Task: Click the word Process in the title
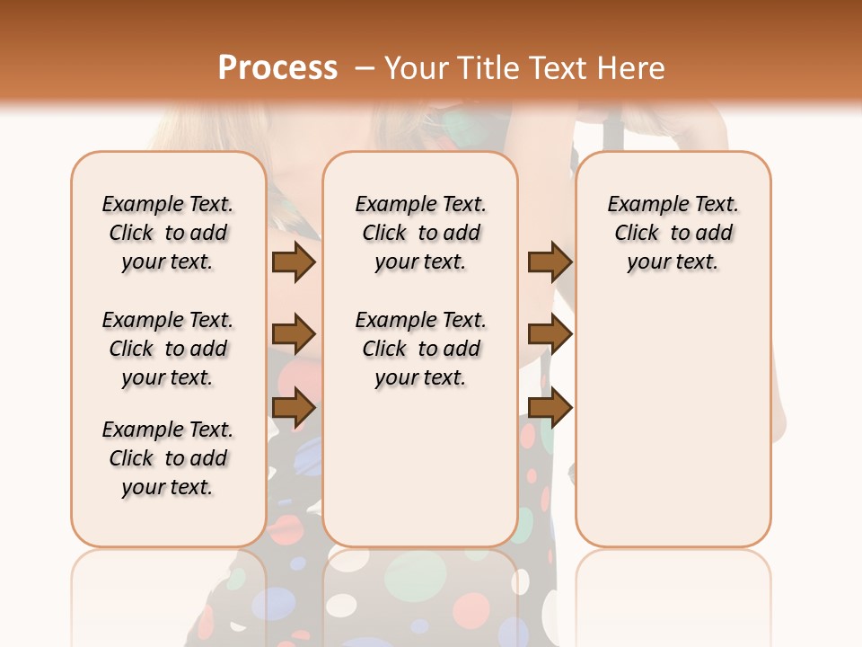(x=277, y=68)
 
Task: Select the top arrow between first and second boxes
(x=294, y=261)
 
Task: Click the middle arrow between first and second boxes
(x=294, y=334)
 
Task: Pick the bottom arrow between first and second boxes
(x=294, y=408)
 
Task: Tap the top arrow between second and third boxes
(x=550, y=261)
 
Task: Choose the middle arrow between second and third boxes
(x=550, y=334)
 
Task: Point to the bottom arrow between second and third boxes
(x=550, y=408)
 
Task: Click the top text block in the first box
(x=168, y=233)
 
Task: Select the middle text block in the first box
(x=168, y=349)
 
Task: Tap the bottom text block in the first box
(x=168, y=458)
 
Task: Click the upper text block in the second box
(x=420, y=233)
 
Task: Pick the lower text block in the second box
(x=420, y=349)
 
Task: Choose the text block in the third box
(x=673, y=233)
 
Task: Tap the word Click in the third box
(x=637, y=234)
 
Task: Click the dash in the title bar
(x=365, y=68)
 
